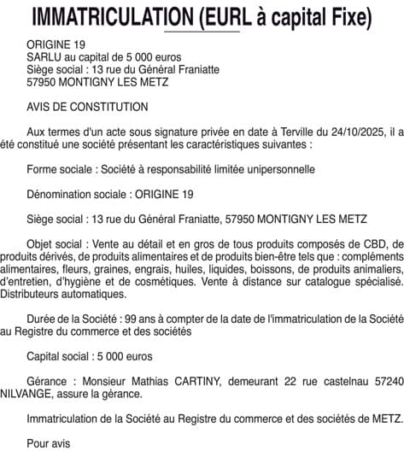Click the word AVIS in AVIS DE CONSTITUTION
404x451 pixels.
tap(40, 107)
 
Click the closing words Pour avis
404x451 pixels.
tap(48, 442)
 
